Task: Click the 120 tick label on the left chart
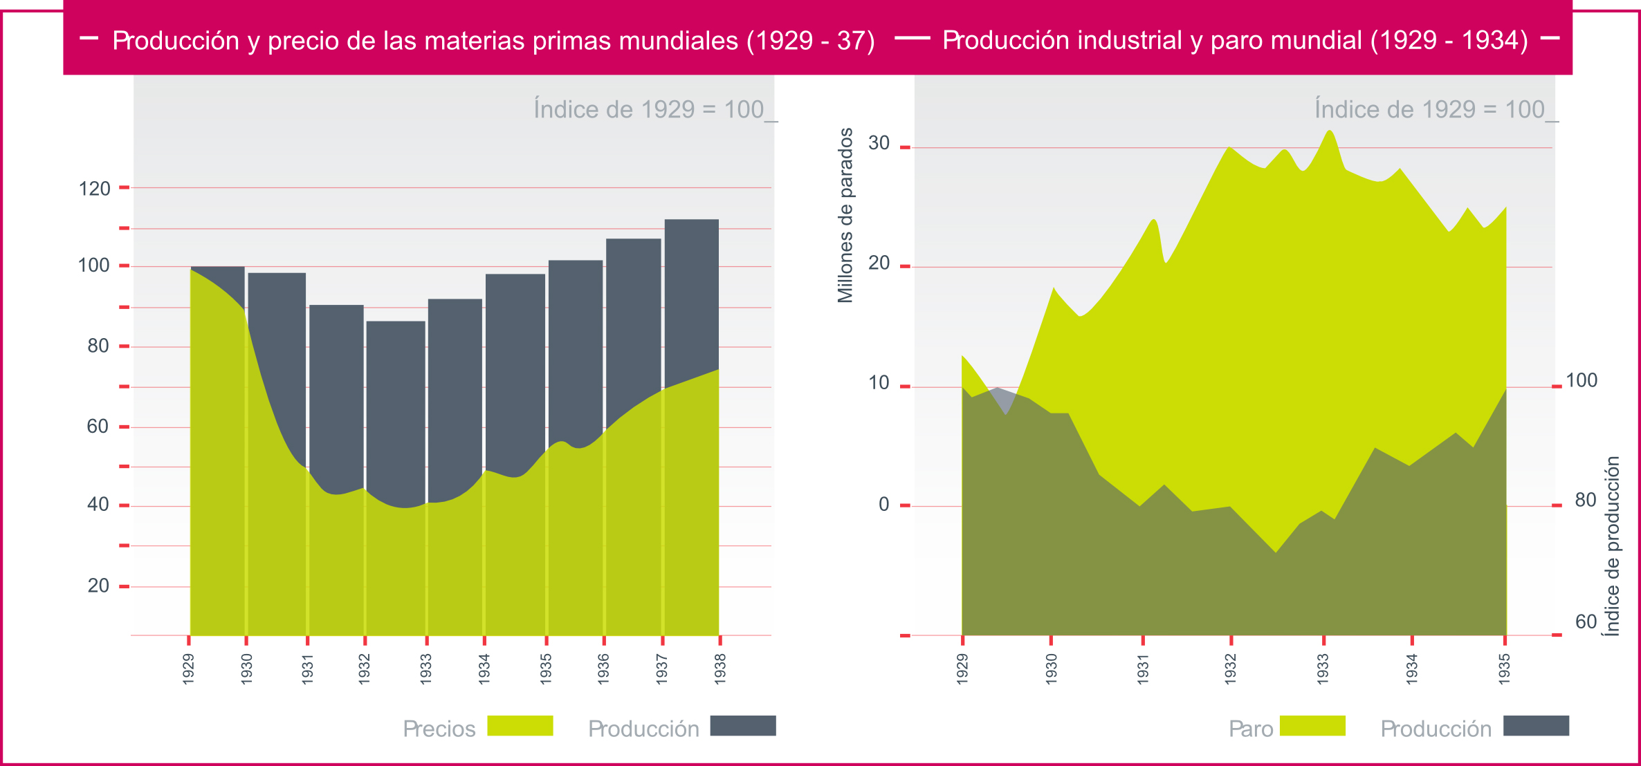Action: tap(94, 189)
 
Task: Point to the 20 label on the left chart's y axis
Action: tap(98, 586)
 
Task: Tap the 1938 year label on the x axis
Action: tap(720, 669)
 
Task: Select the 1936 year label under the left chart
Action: tap(603, 669)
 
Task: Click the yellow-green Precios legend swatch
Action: tap(520, 726)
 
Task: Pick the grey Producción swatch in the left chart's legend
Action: tap(742, 726)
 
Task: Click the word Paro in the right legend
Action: tap(1250, 729)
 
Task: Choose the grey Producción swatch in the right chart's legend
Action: tap(1536, 726)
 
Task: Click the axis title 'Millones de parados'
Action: tap(845, 215)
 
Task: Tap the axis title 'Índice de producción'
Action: tap(1613, 546)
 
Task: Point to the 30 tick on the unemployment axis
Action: tap(879, 143)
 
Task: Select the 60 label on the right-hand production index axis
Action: tap(1586, 622)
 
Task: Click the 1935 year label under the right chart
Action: tap(1504, 669)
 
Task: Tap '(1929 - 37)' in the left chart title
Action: tap(810, 41)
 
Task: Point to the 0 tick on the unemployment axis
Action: tap(883, 505)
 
